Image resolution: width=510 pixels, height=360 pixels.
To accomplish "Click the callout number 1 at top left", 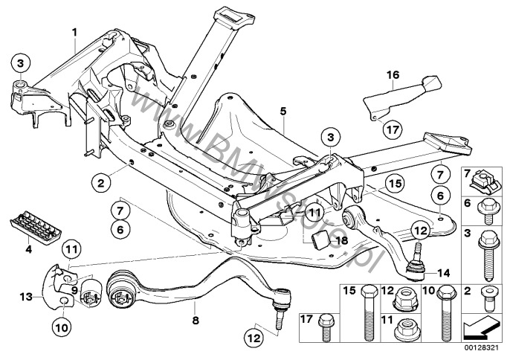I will (74, 31).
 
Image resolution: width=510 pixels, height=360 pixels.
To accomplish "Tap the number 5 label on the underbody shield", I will (283, 111).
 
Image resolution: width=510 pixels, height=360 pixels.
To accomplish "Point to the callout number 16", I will (393, 74).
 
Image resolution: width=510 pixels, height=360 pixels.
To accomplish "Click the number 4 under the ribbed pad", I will (28, 251).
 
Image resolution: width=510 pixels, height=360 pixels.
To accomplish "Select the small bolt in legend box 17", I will (327, 324).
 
